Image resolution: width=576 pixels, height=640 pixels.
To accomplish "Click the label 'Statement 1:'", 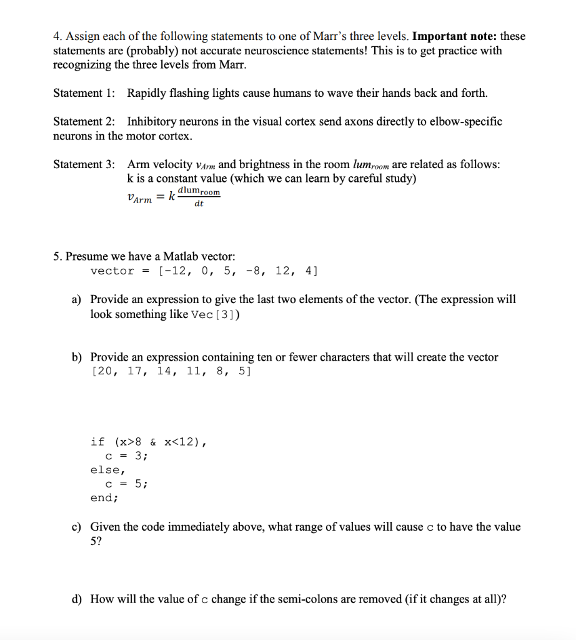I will [84, 93].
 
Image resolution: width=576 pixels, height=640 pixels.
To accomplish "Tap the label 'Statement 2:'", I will [84, 121].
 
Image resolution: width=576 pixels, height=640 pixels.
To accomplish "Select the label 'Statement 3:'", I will [84, 164].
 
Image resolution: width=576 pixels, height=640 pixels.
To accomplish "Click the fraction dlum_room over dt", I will [199, 197].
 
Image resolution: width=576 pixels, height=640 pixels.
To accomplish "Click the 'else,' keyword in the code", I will [107, 470].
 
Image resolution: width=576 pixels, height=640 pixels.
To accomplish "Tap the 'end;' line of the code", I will [104, 498].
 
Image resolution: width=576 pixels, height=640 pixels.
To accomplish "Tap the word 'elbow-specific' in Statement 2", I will [465, 121].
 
